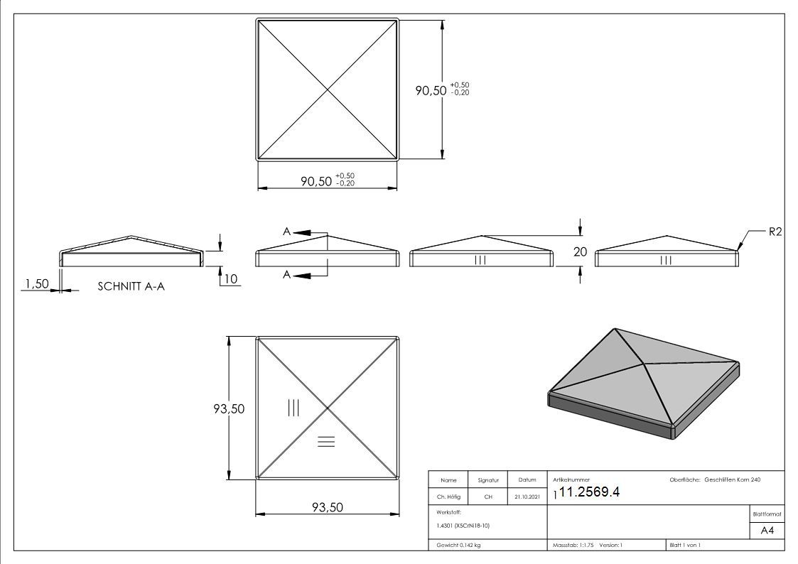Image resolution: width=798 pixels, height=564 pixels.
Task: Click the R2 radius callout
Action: click(775, 232)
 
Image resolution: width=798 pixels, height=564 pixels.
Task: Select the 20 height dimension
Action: click(580, 251)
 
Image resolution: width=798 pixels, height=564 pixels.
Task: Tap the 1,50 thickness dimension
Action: click(38, 283)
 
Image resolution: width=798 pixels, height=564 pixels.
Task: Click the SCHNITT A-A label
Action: click(131, 286)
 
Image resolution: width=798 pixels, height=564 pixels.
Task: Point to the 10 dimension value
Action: click(230, 278)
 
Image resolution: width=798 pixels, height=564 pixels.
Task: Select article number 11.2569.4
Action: click(589, 492)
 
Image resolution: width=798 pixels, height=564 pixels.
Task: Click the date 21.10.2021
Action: click(527, 497)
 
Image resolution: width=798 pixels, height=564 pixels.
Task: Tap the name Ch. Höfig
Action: click(448, 497)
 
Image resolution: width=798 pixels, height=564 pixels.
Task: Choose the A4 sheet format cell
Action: click(767, 531)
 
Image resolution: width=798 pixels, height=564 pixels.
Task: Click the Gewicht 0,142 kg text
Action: click(458, 546)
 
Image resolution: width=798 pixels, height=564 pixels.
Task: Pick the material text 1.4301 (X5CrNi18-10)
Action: click(463, 526)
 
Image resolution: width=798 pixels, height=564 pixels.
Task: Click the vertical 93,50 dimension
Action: click(229, 409)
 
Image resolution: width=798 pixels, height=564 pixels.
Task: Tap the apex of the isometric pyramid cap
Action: click(615, 329)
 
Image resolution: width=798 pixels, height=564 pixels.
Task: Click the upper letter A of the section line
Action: click(286, 232)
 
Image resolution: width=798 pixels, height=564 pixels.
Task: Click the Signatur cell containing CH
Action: click(488, 497)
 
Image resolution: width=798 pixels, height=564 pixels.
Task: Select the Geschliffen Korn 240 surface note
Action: click(733, 479)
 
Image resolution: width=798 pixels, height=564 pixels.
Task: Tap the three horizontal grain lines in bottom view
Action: click(326, 441)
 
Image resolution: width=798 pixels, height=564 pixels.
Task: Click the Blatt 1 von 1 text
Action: click(685, 546)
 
